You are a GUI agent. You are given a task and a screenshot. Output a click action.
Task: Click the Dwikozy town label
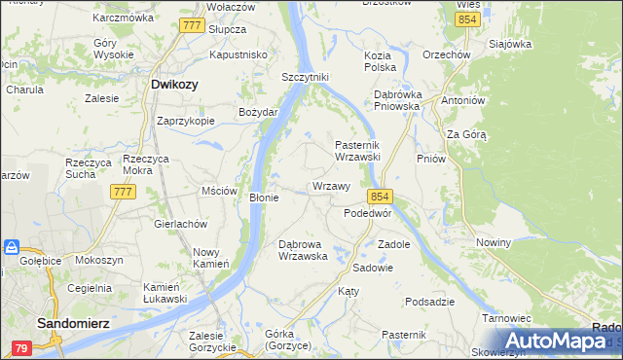pyautogui.click(x=175, y=85)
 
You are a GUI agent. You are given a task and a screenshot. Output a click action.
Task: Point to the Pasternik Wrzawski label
pyautogui.click(x=363, y=150)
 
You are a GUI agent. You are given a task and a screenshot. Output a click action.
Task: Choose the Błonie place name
pyautogui.click(x=265, y=198)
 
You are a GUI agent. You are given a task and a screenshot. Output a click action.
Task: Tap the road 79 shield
pyautogui.click(x=20, y=346)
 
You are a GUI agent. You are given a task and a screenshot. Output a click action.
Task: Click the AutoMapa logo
pyautogui.click(x=555, y=341)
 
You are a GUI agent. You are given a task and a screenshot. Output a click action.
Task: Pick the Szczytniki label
pyautogui.click(x=306, y=77)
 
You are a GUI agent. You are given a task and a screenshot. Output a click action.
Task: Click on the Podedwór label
pyautogui.click(x=368, y=212)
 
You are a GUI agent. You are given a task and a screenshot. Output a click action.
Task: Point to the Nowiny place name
pyautogui.click(x=495, y=242)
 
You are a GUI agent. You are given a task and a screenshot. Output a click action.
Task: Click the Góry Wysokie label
pyautogui.click(x=113, y=50)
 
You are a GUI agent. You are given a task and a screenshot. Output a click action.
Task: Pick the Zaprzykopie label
pyautogui.click(x=186, y=122)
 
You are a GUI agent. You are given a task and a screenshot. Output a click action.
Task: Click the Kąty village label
pyautogui.click(x=348, y=291)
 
